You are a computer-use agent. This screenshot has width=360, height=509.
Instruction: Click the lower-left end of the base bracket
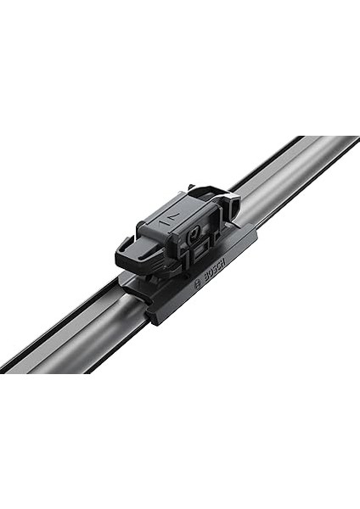tap(153, 316)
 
